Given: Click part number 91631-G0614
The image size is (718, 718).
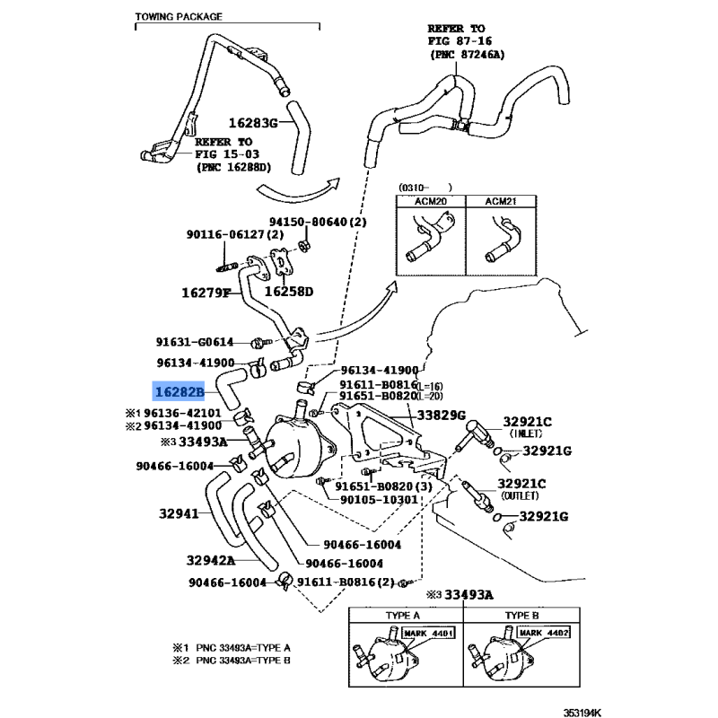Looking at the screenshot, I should [194, 342].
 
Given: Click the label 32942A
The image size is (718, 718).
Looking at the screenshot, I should [210, 561].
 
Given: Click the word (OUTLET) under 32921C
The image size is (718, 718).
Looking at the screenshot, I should [520, 495].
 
